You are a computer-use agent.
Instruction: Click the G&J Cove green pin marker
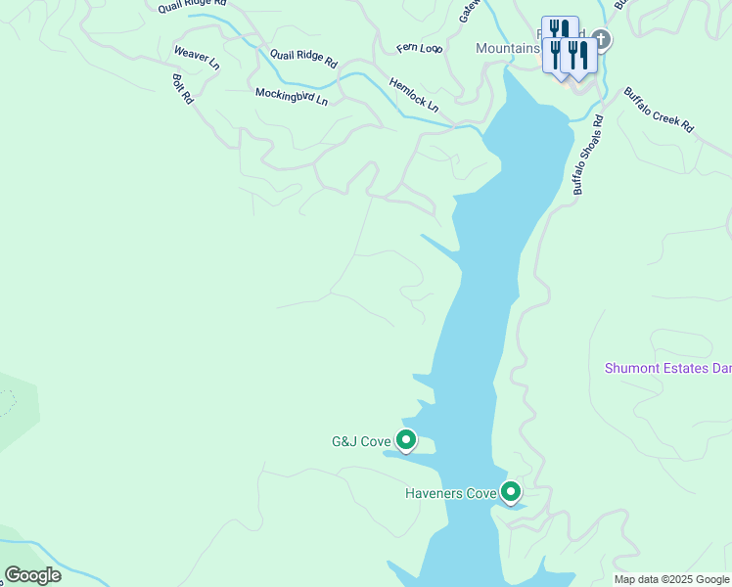(x=405, y=440)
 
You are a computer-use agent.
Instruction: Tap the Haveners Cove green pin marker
(x=510, y=492)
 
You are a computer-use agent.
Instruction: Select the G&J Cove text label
(x=361, y=441)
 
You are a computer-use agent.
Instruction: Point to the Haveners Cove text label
(x=451, y=493)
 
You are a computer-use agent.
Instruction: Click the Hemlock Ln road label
(x=413, y=94)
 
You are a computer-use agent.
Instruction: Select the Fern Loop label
(x=420, y=47)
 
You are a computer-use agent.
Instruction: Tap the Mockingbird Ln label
(x=292, y=96)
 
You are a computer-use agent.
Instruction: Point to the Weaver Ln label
(x=196, y=58)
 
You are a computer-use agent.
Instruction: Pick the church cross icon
(x=601, y=40)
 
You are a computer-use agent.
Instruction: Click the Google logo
(x=32, y=575)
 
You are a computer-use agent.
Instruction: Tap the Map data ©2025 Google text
(x=671, y=579)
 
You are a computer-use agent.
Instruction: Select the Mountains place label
(x=508, y=48)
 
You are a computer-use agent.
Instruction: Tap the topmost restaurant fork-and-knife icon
(x=560, y=29)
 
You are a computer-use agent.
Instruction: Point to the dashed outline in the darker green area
(x=8, y=401)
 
